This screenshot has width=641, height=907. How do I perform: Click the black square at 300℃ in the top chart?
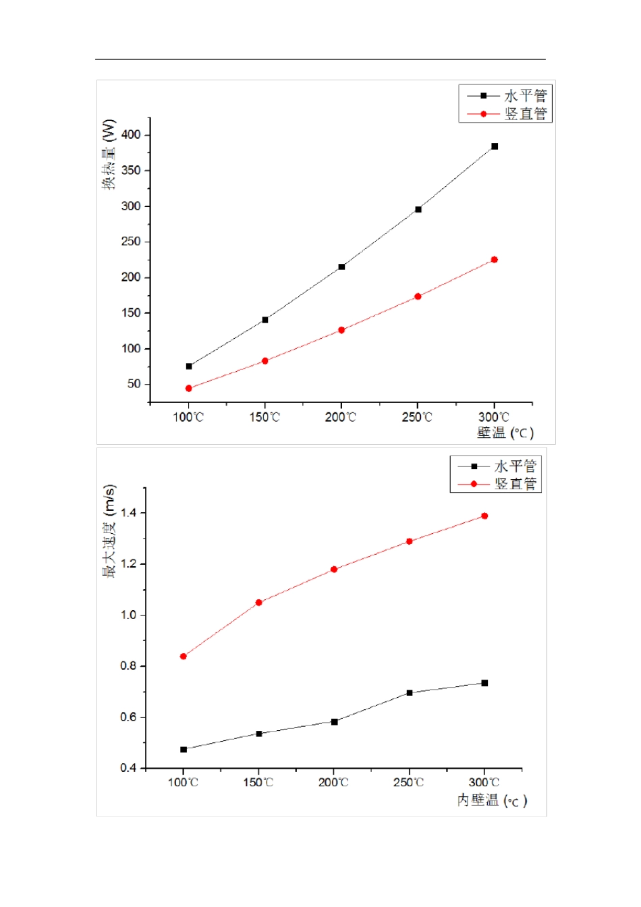pos(495,146)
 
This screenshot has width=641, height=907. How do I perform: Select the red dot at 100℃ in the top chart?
pos(189,389)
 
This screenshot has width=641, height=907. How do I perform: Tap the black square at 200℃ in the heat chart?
pos(341,267)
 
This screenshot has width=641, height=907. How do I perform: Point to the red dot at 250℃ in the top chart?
pos(418,296)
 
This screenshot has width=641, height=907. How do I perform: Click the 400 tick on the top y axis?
pos(132,135)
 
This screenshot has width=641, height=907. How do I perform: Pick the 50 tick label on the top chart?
pos(134,384)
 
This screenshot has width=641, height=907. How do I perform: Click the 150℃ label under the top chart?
pos(264,417)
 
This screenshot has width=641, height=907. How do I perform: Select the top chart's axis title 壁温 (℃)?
pos(505,433)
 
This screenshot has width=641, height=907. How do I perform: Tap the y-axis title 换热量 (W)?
pos(109,155)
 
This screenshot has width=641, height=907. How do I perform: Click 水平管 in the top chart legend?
pos(526,96)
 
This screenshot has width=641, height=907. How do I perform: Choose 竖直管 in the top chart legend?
pos(526,114)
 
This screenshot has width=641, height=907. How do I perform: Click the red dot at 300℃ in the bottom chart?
pos(484,516)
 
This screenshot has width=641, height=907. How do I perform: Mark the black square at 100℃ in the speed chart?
pos(184,750)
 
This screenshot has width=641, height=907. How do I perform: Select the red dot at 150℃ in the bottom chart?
pos(258,603)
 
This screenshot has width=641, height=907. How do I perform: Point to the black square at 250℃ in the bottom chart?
pos(410,693)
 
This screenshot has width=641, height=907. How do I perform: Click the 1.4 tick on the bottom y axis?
pos(128,513)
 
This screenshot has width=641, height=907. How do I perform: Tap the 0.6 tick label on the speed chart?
pos(128,717)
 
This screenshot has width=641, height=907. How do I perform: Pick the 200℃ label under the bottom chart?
pos(333,783)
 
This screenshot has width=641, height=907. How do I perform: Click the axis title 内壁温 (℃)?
pos(492,800)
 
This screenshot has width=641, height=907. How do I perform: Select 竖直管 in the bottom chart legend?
pos(515,484)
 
